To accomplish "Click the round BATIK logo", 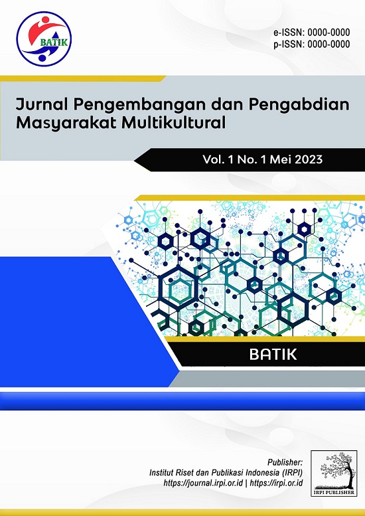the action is [x=44, y=39].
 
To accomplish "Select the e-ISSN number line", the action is [x=312, y=33].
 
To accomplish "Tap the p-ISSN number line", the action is [x=312, y=44].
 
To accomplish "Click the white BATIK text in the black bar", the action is [x=273, y=355].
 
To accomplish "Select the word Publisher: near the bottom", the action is [x=285, y=462].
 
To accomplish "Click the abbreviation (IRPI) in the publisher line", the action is [x=292, y=473].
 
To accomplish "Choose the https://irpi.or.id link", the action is [x=277, y=483].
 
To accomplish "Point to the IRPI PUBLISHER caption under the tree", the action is [x=334, y=492].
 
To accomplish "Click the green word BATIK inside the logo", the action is [x=54, y=43].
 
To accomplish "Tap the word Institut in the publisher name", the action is [x=160, y=473].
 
